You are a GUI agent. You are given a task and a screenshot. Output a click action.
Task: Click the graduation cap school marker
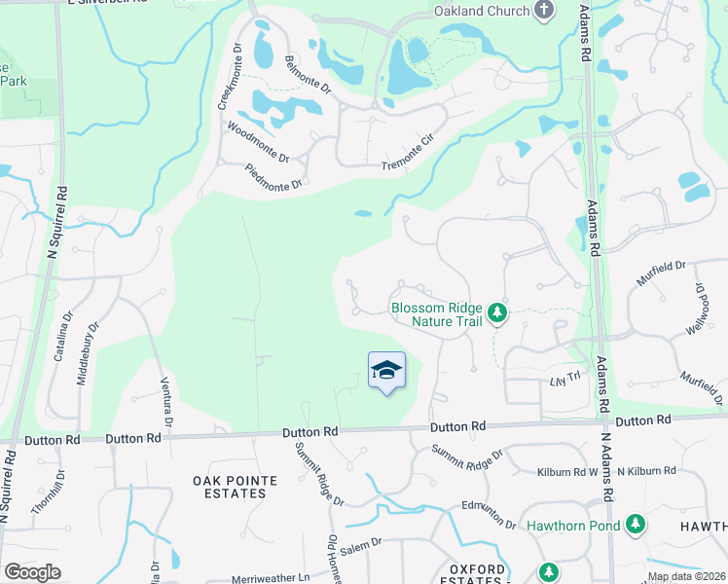(386, 369)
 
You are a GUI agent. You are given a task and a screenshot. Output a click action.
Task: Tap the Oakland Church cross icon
(543, 11)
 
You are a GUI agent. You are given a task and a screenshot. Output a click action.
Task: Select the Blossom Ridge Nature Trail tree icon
(497, 312)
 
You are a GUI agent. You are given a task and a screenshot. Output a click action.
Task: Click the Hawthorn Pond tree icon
(635, 525)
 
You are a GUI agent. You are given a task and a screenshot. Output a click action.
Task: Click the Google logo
(32, 572)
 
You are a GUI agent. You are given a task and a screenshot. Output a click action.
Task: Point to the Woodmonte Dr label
(258, 142)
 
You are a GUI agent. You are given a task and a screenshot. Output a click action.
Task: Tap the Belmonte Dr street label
(309, 74)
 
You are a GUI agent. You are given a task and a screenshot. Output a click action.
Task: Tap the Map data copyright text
(685, 576)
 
